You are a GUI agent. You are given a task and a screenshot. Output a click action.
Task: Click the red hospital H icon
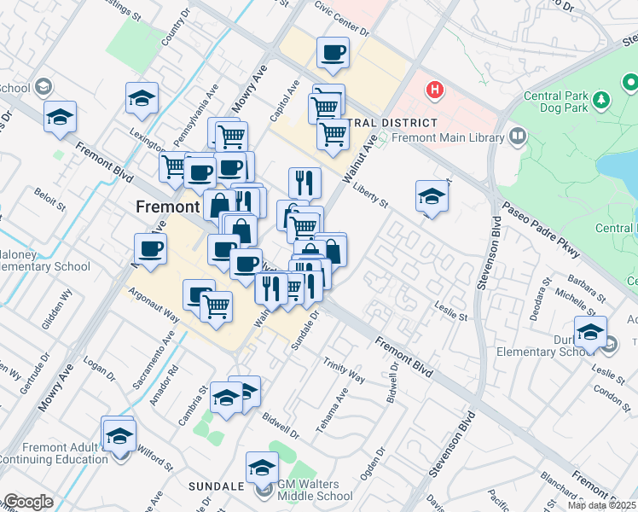coord(435,89)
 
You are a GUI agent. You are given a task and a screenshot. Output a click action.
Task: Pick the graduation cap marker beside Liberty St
coord(432,198)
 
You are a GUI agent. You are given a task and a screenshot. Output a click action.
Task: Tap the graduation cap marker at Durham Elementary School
coord(589,332)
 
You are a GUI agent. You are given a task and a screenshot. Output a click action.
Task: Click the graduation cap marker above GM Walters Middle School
coord(262,467)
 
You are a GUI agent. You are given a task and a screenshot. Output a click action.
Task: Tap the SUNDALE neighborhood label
coord(217,486)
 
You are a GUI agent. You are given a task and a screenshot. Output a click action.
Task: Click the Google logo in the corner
coord(27,502)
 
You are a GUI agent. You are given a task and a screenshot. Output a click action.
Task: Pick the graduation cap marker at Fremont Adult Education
coord(119,433)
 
